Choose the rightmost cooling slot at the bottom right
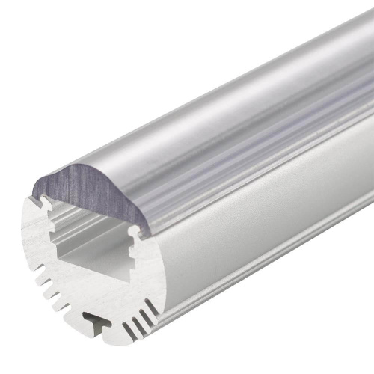[154, 308]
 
